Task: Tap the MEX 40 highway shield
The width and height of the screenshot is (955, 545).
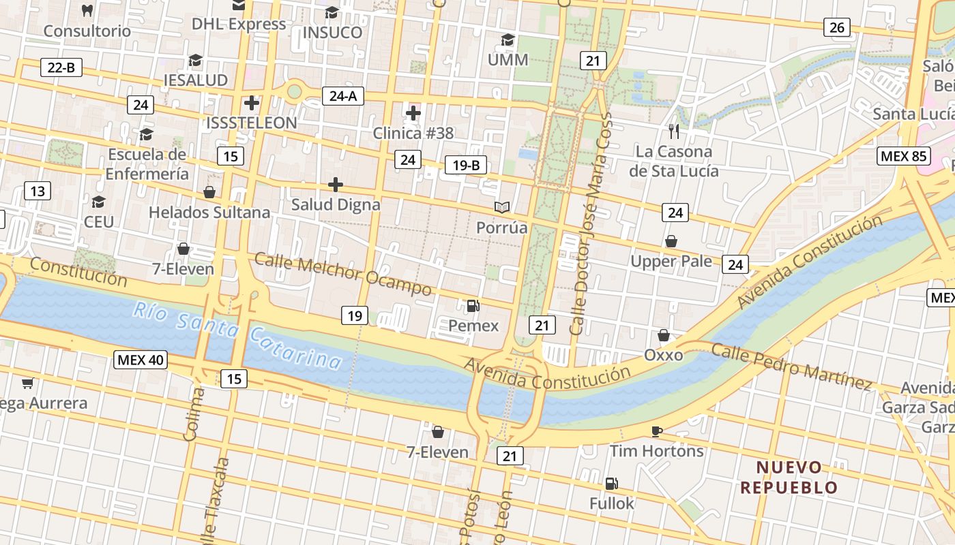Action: [x=140, y=360]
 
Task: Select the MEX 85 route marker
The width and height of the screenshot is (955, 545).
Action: [x=903, y=156]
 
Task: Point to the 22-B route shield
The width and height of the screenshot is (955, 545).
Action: [x=61, y=67]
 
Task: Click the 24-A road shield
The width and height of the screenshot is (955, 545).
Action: [x=342, y=96]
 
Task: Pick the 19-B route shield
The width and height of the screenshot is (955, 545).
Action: [x=465, y=165]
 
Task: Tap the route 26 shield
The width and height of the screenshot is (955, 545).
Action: [x=836, y=27]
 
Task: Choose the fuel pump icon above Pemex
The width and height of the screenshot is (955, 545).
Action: [x=473, y=306]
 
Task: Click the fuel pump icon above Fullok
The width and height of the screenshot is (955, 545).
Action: [x=612, y=484]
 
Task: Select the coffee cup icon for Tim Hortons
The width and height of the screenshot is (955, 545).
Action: [x=656, y=431]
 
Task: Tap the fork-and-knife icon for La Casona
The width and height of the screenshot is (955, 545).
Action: [x=674, y=131]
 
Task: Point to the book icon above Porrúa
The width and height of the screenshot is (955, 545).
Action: [x=502, y=207]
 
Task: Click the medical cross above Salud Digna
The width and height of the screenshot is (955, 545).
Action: [x=336, y=184]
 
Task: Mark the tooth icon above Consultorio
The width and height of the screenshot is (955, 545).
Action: [x=87, y=10]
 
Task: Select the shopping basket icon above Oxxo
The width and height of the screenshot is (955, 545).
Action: [x=663, y=335]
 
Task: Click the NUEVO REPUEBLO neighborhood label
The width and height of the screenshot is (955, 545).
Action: [x=789, y=478]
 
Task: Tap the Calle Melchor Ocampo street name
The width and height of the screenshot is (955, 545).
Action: [x=343, y=274]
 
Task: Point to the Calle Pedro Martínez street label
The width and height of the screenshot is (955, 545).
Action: [x=791, y=367]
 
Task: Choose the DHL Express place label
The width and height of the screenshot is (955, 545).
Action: [x=239, y=24]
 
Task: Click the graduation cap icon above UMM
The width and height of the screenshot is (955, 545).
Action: [x=508, y=40]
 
